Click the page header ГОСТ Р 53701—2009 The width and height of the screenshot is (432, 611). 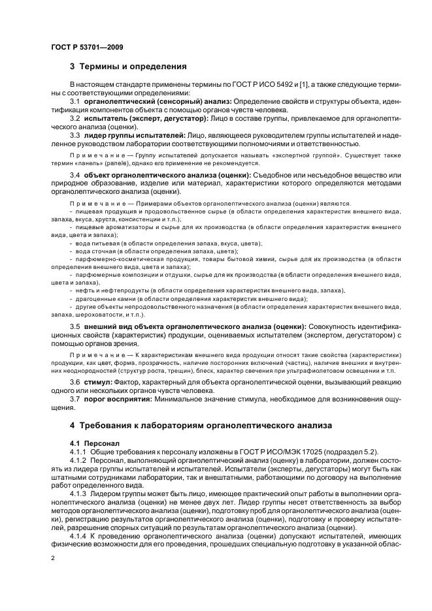(88, 48)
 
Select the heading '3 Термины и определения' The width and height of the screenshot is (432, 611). (128, 67)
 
